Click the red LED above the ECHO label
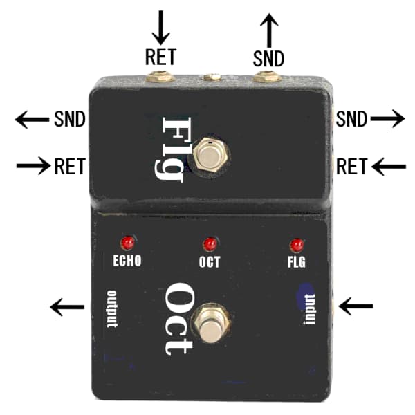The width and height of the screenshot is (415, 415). tap(127, 243)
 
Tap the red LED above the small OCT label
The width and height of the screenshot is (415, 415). tap(210, 244)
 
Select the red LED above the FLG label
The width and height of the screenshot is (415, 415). tap(297, 245)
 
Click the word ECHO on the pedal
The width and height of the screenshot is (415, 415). tap(127, 261)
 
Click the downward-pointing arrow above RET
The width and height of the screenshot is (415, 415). tap(163, 27)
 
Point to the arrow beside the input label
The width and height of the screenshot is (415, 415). tap(357, 304)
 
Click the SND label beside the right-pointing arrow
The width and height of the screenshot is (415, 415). tap(351, 120)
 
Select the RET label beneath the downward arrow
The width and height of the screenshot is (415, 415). tap(161, 58)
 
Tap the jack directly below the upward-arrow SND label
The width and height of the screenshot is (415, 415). tap(267, 76)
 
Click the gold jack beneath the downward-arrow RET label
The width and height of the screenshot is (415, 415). tap(161, 76)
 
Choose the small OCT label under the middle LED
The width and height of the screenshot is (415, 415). tap(210, 262)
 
